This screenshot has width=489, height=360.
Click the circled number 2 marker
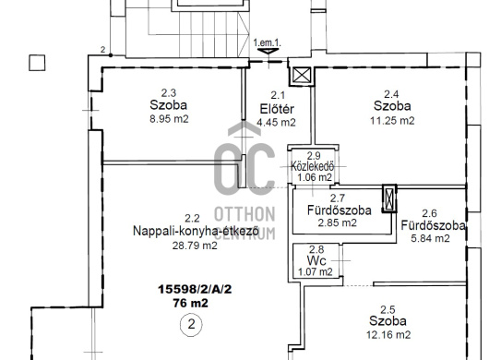tap(191, 325)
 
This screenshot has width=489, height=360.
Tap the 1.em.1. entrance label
tap(267, 42)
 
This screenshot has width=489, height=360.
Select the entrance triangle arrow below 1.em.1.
tap(268, 51)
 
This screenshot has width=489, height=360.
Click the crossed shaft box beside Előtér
tap(302, 76)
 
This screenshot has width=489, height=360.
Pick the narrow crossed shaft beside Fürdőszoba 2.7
tap(389, 198)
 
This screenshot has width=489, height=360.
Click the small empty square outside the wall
tap(37, 63)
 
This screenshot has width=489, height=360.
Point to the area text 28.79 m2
tap(195, 246)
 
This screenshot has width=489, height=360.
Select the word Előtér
tap(277, 109)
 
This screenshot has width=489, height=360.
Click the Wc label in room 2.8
tap(316, 260)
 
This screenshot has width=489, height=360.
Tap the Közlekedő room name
tap(312, 166)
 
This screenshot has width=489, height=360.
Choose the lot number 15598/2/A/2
tap(195, 289)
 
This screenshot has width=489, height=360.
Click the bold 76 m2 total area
tap(191, 303)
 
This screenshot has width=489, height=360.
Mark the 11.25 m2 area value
tap(392, 121)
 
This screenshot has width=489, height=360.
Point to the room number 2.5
tap(388, 309)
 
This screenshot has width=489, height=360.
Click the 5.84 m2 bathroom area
tap(430, 239)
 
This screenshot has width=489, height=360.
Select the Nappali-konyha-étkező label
tap(196, 232)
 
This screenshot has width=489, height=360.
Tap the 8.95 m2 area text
tap(169, 119)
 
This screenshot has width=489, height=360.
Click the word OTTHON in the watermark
tap(244, 214)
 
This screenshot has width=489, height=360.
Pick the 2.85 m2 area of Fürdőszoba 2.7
tap(337, 223)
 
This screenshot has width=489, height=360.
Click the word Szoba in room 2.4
tap(392, 106)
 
